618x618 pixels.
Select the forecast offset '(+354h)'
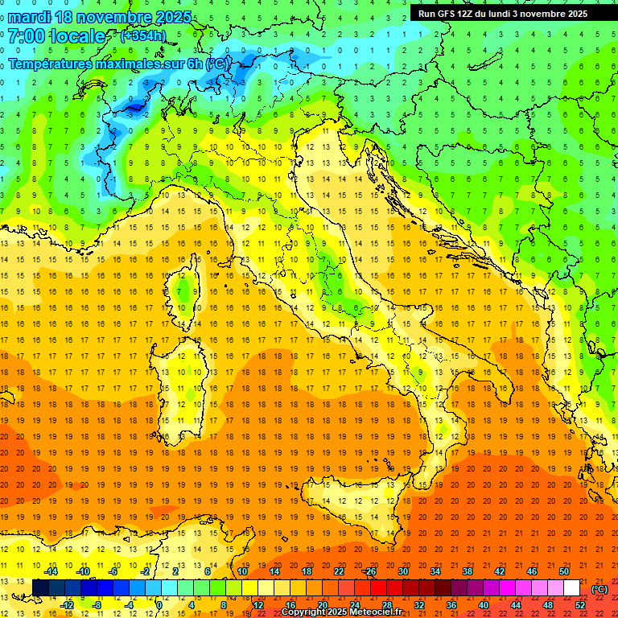pos(143,36)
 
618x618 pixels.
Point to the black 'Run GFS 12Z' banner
pos(503,13)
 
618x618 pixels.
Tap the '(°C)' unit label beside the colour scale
pos(599,589)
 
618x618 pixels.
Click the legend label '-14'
pos(50,571)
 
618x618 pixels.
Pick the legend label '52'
pos(580,605)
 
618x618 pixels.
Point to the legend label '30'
pos(403,571)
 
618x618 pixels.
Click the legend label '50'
pos(564,571)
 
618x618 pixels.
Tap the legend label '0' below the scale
pos(159,605)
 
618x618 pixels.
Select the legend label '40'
pos(484,605)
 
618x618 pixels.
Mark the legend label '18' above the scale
pos(307,571)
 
